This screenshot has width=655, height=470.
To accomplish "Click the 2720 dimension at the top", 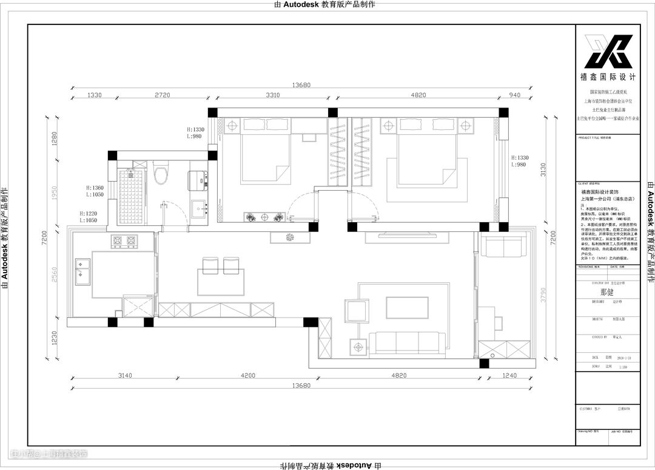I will [x=162, y=95].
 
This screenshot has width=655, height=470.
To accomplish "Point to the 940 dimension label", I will [x=515, y=95].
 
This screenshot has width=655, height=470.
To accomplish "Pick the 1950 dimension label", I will [x=54, y=193].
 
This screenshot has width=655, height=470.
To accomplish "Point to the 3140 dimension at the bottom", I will [x=124, y=376].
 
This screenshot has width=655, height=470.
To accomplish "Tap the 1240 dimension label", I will [x=509, y=376].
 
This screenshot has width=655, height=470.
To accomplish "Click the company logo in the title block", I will [x=608, y=52].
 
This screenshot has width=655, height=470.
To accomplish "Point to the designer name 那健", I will [x=607, y=292].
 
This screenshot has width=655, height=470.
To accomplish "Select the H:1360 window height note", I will [x=94, y=188].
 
